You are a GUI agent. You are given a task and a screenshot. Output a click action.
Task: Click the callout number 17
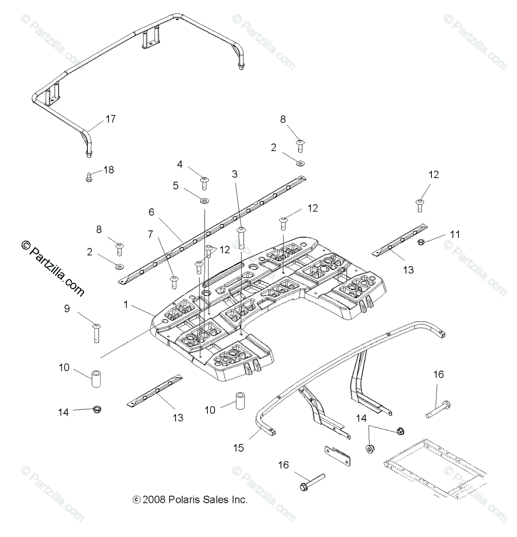coord(110,119)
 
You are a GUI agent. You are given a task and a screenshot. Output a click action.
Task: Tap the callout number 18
coord(108,170)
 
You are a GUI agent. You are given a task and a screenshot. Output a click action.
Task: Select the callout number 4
coord(180,164)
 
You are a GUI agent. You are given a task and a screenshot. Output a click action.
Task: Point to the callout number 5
coord(176,185)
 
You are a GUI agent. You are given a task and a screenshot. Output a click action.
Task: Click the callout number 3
coord(234,174)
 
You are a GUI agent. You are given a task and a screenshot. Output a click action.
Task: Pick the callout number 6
coord(151,212)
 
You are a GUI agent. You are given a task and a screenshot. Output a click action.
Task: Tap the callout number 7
coord(150,233)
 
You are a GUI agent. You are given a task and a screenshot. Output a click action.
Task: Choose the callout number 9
coord(67,308)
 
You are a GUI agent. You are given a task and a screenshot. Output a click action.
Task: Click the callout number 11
coord(455,234)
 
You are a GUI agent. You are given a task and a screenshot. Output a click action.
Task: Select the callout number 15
coord(238,447)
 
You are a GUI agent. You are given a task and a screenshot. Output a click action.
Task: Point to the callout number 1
coord(126,305)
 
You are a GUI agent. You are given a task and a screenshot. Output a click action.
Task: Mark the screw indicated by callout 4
coord(204,182)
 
